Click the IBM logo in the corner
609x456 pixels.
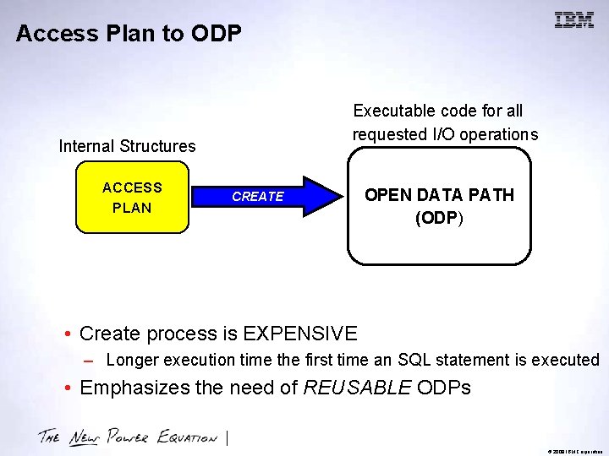pyautogui.click(x=573, y=20)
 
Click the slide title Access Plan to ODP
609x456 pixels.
pyautogui.click(x=129, y=34)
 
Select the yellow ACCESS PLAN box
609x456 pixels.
pyautogui.click(x=132, y=198)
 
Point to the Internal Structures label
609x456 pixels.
pyautogui.click(x=127, y=146)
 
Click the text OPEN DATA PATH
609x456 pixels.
pyautogui.click(x=439, y=195)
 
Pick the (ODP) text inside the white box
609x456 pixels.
pyautogui.click(x=439, y=217)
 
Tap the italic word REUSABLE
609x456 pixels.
pyautogui.click(x=357, y=388)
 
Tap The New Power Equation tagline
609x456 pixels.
pyautogui.click(x=127, y=437)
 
